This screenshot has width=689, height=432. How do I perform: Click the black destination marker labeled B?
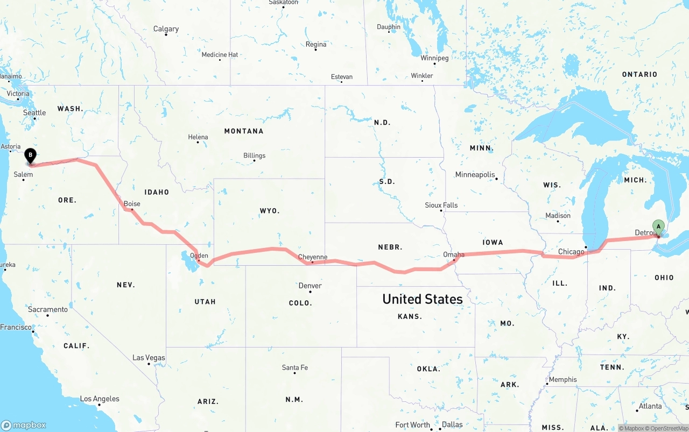(x=31, y=156)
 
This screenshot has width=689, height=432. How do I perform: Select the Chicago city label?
(x=571, y=252)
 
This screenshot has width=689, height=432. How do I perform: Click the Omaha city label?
(x=454, y=254)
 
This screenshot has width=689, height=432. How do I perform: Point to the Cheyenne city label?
(x=313, y=257)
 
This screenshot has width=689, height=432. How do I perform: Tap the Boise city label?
(x=132, y=204)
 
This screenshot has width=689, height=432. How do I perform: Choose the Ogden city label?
(x=199, y=256)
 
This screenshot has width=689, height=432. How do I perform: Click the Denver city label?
(x=310, y=286)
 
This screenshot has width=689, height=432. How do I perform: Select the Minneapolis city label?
(x=475, y=175)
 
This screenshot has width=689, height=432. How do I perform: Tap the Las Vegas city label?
(x=149, y=358)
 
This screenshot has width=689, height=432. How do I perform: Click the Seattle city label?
(x=34, y=112)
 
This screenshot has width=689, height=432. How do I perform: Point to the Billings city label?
(x=254, y=155)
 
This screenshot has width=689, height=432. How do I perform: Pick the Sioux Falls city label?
(x=441, y=205)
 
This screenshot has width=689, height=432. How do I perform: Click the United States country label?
(x=423, y=299)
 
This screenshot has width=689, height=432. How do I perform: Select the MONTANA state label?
(x=244, y=131)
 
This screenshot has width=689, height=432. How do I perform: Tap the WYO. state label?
(x=270, y=211)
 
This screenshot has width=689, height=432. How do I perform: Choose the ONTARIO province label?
(x=639, y=74)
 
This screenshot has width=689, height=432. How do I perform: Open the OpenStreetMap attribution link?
(x=667, y=428)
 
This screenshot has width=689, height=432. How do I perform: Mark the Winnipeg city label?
(x=434, y=58)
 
